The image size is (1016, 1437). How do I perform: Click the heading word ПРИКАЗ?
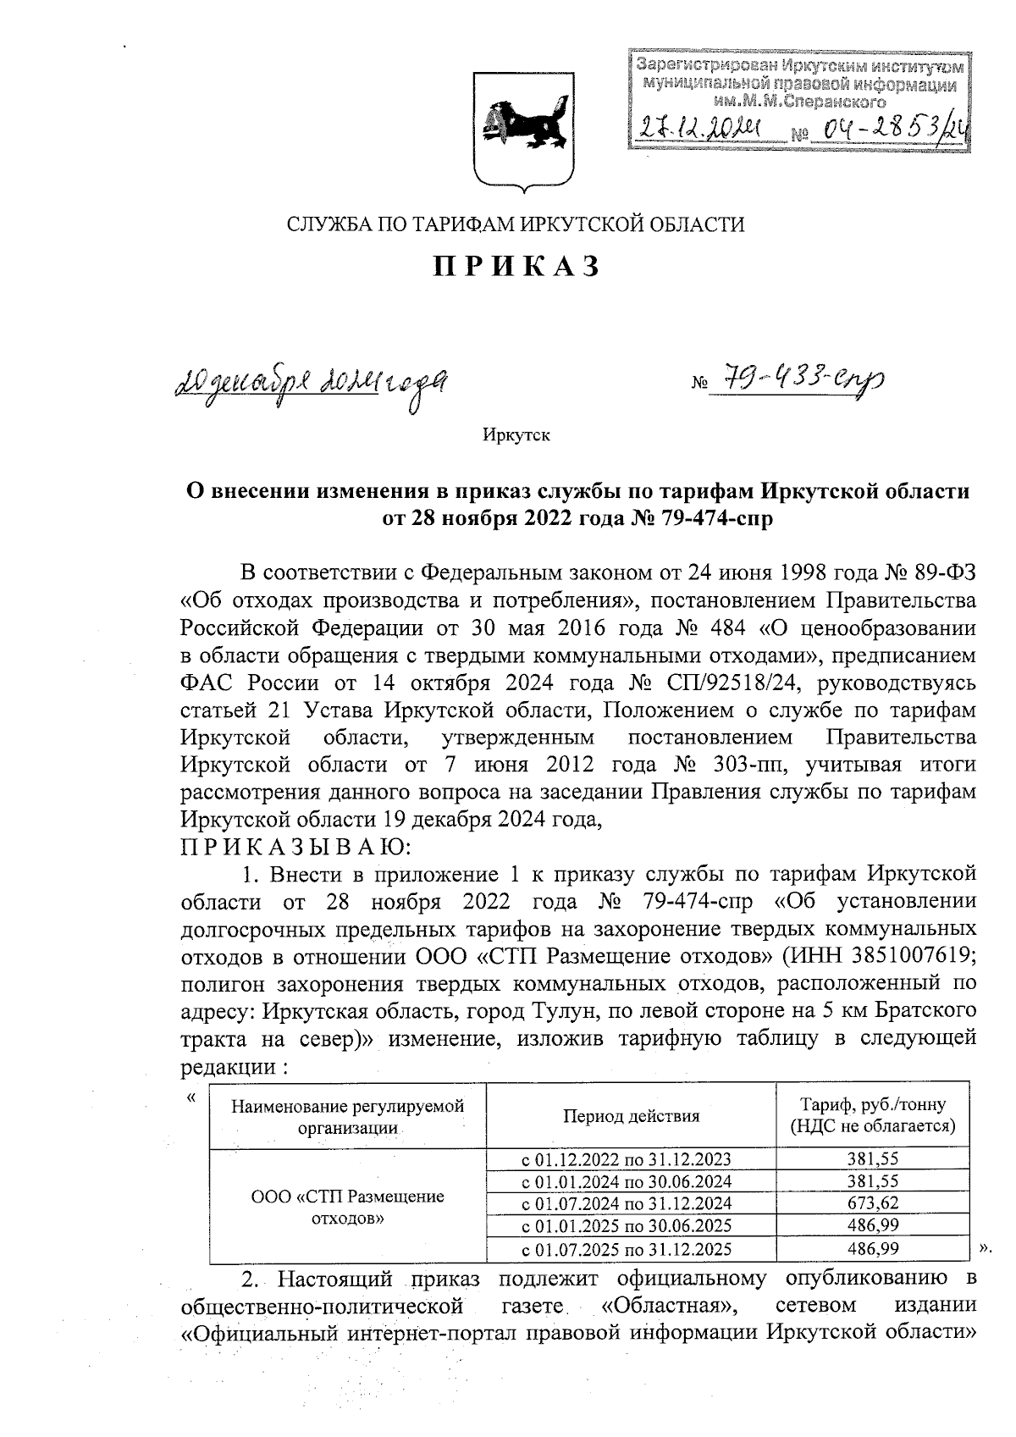pos(516,266)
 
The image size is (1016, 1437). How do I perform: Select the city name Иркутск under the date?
pos(516,436)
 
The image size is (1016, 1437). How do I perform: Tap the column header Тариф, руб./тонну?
pos(872,1105)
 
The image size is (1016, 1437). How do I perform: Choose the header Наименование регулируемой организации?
pos(348,1116)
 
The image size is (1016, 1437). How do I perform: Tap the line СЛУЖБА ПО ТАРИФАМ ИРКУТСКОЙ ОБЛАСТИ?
pos(516,224)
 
